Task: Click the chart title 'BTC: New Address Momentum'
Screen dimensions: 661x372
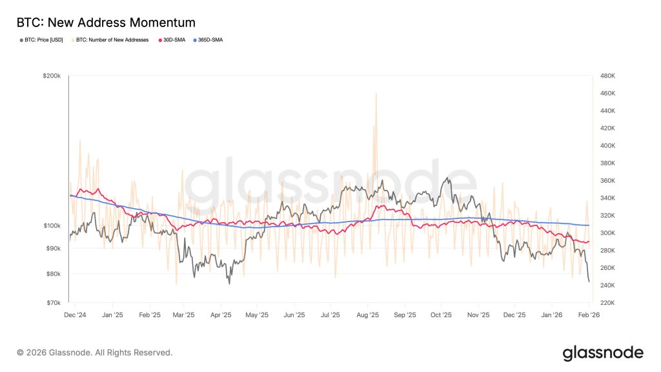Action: point(106,23)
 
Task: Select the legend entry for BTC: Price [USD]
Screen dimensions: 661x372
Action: point(41,40)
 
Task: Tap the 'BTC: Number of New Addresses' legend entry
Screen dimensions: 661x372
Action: point(110,40)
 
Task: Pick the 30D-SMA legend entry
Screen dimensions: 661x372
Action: point(172,40)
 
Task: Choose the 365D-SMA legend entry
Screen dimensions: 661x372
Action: point(208,40)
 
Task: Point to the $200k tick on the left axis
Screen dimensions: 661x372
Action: point(52,76)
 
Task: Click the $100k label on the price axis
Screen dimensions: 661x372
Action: point(52,225)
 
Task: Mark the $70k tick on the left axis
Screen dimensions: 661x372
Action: point(53,302)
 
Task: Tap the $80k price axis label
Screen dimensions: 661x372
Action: point(53,274)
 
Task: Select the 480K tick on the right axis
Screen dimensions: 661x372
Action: point(607,76)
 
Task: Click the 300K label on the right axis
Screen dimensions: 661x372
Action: point(607,232)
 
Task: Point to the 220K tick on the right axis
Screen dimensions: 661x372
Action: point(607,302)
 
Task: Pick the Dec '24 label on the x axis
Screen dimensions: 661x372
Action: point(75,315)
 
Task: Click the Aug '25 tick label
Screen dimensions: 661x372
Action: point(367,315)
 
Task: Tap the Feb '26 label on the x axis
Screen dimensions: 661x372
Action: point(589,315)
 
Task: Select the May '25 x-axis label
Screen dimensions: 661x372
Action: point(257,315)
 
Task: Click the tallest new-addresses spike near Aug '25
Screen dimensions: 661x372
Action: point(376,94)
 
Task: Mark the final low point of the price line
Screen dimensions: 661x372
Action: point(589,282)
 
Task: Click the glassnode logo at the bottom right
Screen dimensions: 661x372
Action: point(603,353)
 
